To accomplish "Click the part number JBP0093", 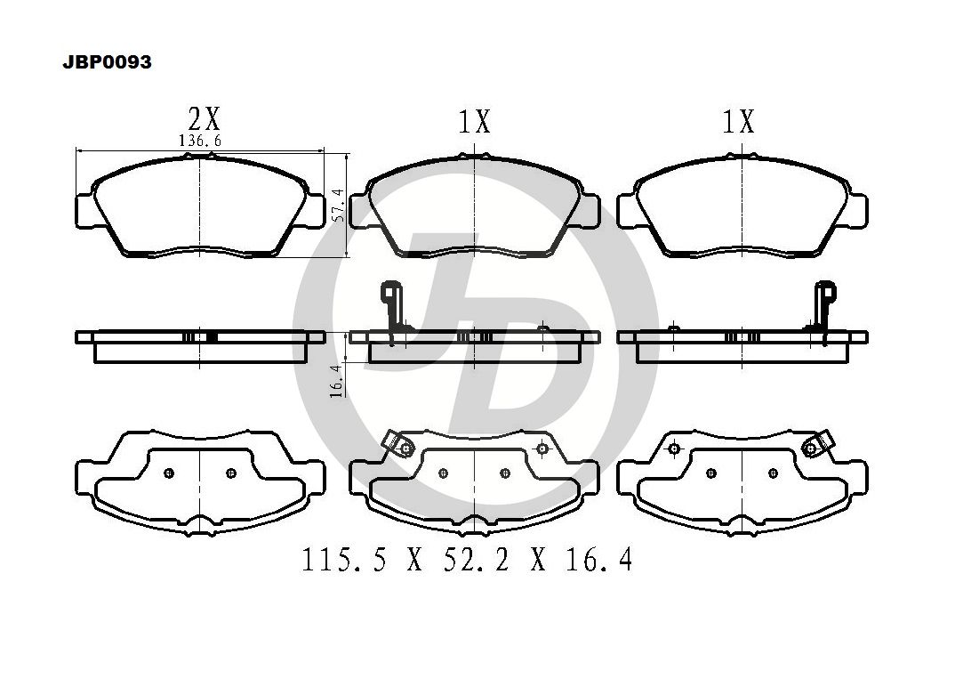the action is [107, 62].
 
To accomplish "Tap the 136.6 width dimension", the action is [200, 141].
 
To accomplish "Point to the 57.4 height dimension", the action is [337, 205].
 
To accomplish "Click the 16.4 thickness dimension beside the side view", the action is [336, 381].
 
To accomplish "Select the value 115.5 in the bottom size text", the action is [344, 560].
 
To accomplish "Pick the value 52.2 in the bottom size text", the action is [477, 560].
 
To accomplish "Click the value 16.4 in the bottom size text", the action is [598, 560].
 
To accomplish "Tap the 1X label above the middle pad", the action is [475, 122].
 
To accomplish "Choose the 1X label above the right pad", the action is [738, 122].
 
